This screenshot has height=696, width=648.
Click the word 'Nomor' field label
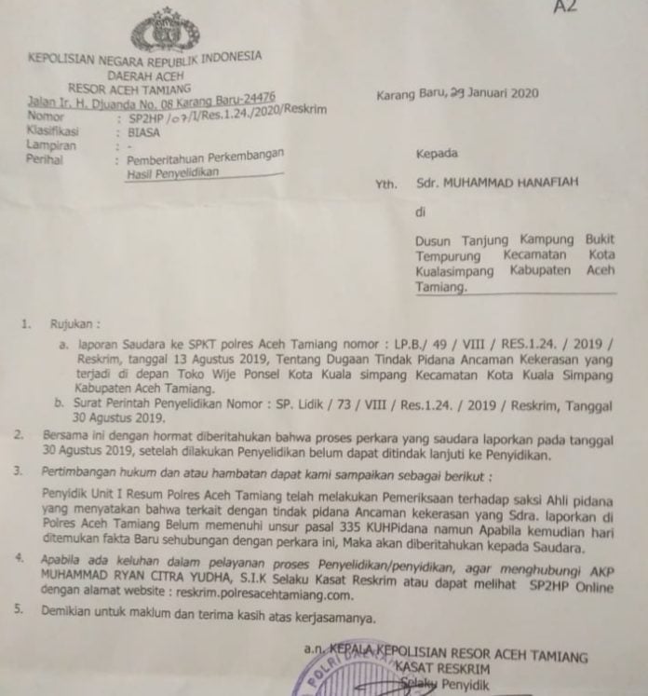coord(47,118)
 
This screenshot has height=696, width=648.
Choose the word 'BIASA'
coord(145,133)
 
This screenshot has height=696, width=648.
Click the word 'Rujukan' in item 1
coord(74,326)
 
